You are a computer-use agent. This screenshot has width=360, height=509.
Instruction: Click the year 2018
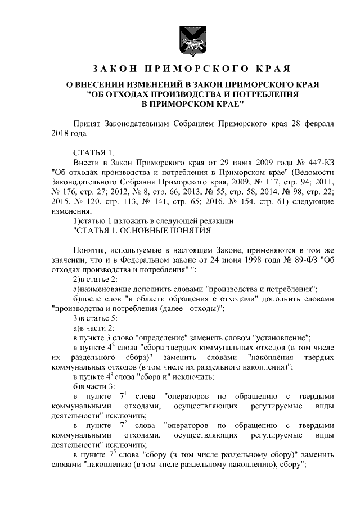tap(60, 134)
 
